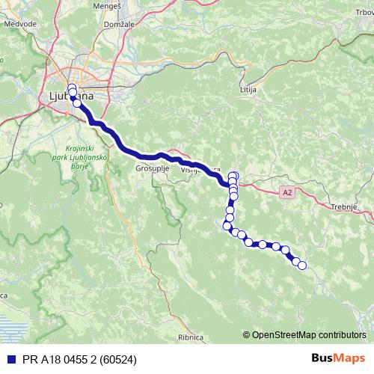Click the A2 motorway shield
287,192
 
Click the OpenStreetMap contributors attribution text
310,334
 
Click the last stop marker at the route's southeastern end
302,265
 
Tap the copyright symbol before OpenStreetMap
247,334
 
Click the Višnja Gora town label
199,171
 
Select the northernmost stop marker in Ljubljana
72,88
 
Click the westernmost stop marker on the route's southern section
227,225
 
